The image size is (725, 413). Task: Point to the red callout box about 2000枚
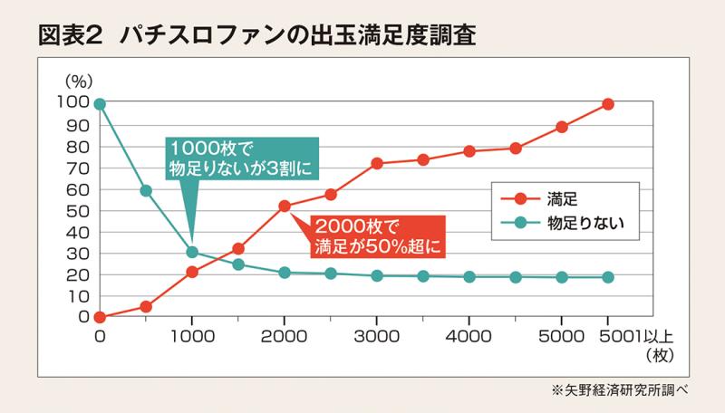coord(380,234)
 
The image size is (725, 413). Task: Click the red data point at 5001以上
coord(608,104)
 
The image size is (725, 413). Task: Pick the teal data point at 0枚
coord(100,104)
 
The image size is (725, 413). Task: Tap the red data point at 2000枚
coord(285,206)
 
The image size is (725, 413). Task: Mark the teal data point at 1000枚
coord(192,252)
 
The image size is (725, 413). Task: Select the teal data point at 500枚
coord(146,190)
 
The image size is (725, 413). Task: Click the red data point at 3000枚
coord(377,164)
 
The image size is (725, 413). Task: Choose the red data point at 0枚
coord(100,317)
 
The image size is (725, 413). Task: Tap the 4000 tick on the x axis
coord(469,334)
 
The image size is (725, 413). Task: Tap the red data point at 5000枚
coord(562,127)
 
